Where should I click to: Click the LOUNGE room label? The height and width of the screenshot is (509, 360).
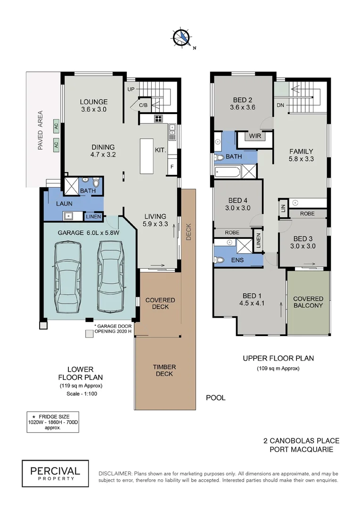[x=93, y=102]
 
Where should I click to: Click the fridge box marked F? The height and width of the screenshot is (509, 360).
[x=172, y=167]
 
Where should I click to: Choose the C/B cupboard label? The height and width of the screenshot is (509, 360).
[x=143, y=105]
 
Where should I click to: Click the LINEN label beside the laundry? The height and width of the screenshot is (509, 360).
[x=93, y=216]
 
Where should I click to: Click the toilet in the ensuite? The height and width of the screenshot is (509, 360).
[x=220, y=259]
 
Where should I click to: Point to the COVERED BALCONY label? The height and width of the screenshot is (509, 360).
[x=308, y=302]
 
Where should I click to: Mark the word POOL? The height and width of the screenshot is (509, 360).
[x=216, y=398]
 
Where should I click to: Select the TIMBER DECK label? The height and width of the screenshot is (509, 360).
[x=164, y=370]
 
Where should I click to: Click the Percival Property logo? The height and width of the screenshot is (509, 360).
[x=55, y=473]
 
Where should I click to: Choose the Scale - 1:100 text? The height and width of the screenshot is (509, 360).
[x=82, y=394]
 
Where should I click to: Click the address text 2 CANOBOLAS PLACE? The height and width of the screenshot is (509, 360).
[x=301, y=441]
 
